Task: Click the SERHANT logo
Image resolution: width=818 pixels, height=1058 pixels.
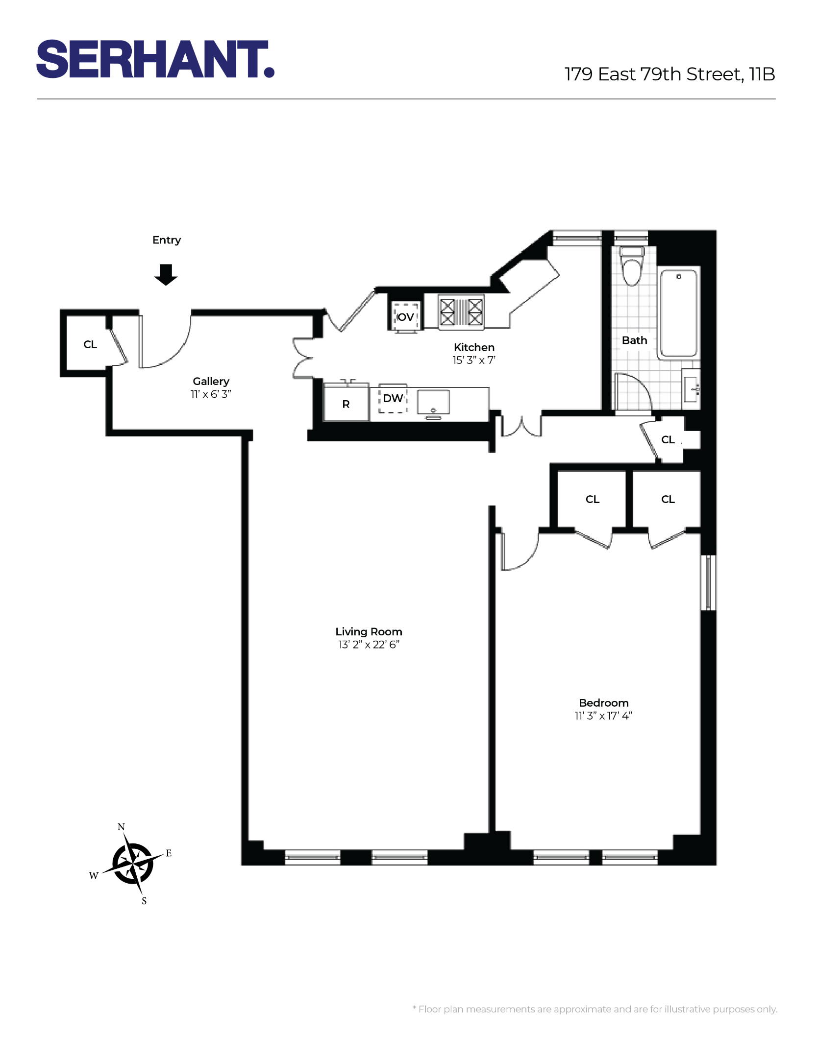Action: tap(155, 59)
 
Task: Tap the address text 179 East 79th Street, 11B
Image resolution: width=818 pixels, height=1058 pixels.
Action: tap(669, 74)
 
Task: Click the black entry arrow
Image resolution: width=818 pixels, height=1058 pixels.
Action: tap(166, 274)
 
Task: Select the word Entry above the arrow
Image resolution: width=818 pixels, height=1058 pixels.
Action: tap(167, 240)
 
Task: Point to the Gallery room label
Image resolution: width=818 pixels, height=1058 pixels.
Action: tap(211, 381)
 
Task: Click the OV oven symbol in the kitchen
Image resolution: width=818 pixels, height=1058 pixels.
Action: tap(405, 317)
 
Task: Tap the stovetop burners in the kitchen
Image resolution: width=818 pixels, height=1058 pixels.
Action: tap(461, 312)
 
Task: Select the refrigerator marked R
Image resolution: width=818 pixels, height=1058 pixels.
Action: tap(346, 404)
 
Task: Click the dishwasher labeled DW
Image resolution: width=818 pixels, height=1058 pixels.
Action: tap(393, 398)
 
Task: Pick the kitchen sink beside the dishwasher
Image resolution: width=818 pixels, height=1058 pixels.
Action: tap(433, 403)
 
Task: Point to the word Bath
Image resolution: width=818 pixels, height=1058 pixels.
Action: tap(634, 340)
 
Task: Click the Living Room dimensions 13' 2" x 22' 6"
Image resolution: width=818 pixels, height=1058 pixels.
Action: tap(369, 645)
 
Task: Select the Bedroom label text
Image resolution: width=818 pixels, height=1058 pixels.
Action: tap(603, 703)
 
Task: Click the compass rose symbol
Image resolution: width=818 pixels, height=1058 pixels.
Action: tap(133, 864)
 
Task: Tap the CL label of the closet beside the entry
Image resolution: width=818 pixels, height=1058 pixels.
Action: tap(90, 344)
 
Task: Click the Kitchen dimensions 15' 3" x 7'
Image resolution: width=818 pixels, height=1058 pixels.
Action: tap(473, 360)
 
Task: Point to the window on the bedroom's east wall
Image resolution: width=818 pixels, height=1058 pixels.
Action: tap(708, 583)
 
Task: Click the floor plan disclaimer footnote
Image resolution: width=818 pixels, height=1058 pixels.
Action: tap(595, 1009)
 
